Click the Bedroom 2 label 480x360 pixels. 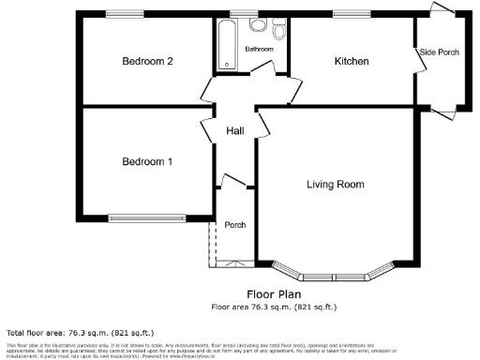click(x=148, y=62)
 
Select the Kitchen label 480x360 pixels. click(x=352, y=62)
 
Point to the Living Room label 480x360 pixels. click(x=335, y=185)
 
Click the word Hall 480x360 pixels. click(x=234, y=131)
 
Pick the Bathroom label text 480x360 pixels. click(x=260, y=49)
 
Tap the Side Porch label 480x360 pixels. click(x=439, y=52)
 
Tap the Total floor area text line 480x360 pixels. click(x=80, y=333)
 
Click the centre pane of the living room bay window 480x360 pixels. click(x=333, y=277)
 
